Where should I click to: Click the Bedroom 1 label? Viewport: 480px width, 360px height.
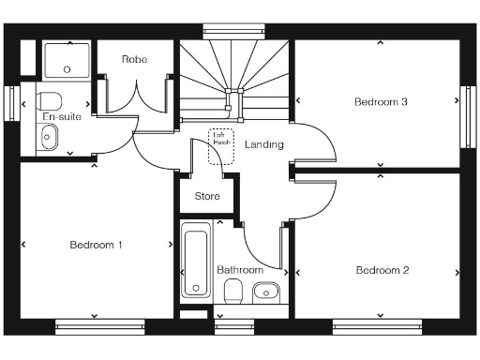pyautogui.click(x=96, y=245)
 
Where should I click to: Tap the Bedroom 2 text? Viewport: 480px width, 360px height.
pyautogui.click(x=382, y=270)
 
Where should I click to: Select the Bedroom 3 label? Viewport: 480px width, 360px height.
pyautogui.click(x=380, y=101)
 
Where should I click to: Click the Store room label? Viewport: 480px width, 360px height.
pyautogui.click(x=206, y=197)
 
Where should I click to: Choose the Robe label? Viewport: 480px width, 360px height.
pyautogui.click(x=133, y=59)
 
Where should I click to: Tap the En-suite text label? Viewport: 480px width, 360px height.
pyautogui.click(x=62, y=117)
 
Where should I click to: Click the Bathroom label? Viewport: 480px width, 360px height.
pyautogui.click(x=240, y=270)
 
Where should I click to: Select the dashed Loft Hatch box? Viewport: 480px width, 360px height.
pyautogui.click(x=221, y=147)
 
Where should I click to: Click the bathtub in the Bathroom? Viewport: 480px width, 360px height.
pyautogui.click(x=196, y=262)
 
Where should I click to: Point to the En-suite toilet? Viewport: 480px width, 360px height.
pyautogui.click(x=51, y=99)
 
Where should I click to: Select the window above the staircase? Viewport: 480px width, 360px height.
pyautogui.click(x=233, y=29)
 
